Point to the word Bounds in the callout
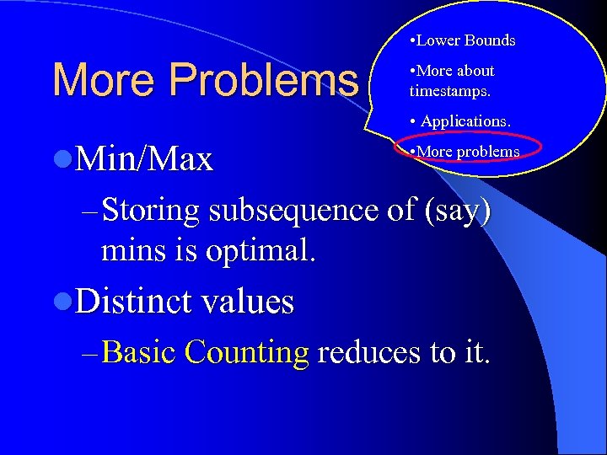coord(490,40)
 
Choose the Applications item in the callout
coord(465,121)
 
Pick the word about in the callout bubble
coord(475,72)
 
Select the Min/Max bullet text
coord(144,158)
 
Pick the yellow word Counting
coord(247,352)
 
